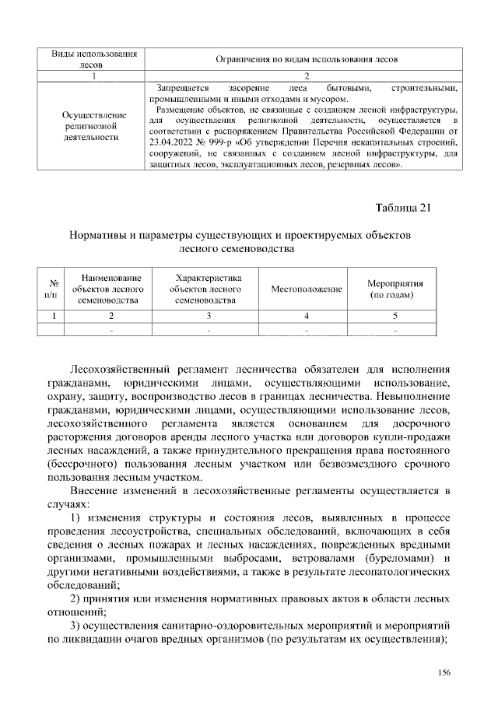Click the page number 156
click(x=445, y=672)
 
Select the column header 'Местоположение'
click(x=307, y=289)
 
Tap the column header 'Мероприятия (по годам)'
click(x=395, y=289)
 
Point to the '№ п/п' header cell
click(x=52, y=289)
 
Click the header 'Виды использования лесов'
click(x=93, y=59)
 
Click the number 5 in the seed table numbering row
click(x=395, y=316)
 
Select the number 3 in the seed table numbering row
click(x=209, y=316)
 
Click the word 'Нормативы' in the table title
click(x=100, y=234)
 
